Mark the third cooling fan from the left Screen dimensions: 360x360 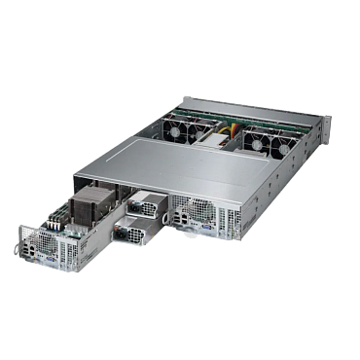coord(254,138)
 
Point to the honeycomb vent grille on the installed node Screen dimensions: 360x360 coord(197,209)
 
